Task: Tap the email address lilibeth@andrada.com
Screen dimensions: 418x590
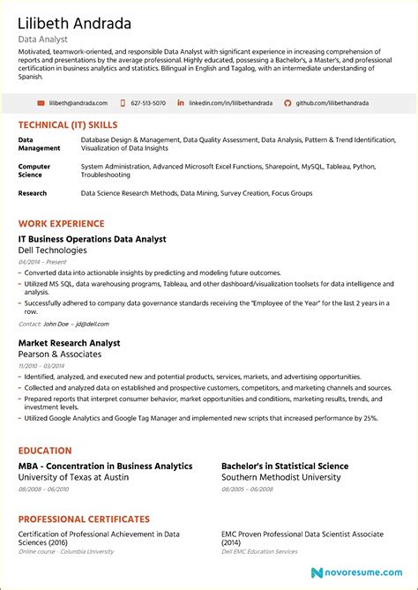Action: coord(78,103)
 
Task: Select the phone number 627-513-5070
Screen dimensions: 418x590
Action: coord(147,103)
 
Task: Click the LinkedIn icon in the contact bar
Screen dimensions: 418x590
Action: coord(181,103)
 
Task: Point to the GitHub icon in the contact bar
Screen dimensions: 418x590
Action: coord(287,103)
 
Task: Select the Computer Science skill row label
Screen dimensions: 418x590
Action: coord(34,170)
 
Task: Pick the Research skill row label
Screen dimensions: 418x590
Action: coord(33,192)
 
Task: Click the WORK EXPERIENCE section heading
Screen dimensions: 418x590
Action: coord(61,224)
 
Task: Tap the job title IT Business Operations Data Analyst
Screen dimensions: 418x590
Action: coord(92,239)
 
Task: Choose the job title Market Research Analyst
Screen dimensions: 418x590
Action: coord(69,343)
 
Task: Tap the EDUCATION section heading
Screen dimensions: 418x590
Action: coord(45,451)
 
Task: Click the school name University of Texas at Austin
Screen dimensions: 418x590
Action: coord(74,477)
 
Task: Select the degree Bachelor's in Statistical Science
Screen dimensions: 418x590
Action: coord(284,466)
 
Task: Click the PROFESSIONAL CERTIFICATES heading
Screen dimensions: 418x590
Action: coord(84,519)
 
